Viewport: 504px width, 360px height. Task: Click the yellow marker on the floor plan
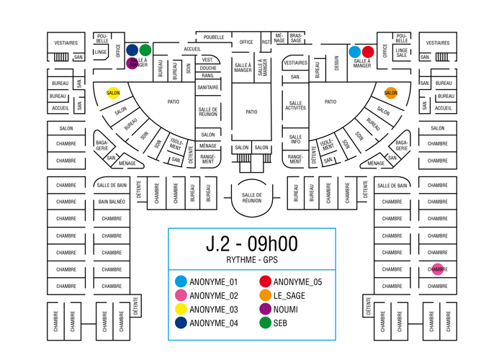(113, 92)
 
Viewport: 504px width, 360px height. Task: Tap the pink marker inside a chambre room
(438, 269)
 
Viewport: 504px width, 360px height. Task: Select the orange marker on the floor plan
(390, 92)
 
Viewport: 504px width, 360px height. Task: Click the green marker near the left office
(145, 50)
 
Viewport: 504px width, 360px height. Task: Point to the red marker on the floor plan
(368, 52)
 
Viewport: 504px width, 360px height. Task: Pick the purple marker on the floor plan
(132, 63)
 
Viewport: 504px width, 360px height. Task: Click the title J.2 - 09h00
(251, 244)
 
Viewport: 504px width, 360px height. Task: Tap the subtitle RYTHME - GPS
(251, 260)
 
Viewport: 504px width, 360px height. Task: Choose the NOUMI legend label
(286, 309)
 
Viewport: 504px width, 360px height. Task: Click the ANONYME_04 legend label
(213, 323)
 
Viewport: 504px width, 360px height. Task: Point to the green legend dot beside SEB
(265, 323)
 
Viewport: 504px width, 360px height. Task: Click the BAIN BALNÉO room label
(112, 202)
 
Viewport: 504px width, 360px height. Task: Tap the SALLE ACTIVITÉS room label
(295, 106)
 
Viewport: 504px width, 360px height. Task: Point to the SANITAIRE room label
(208, 87)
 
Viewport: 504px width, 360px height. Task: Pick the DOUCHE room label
(208, 68)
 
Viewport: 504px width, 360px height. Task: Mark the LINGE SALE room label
(402, 53)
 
